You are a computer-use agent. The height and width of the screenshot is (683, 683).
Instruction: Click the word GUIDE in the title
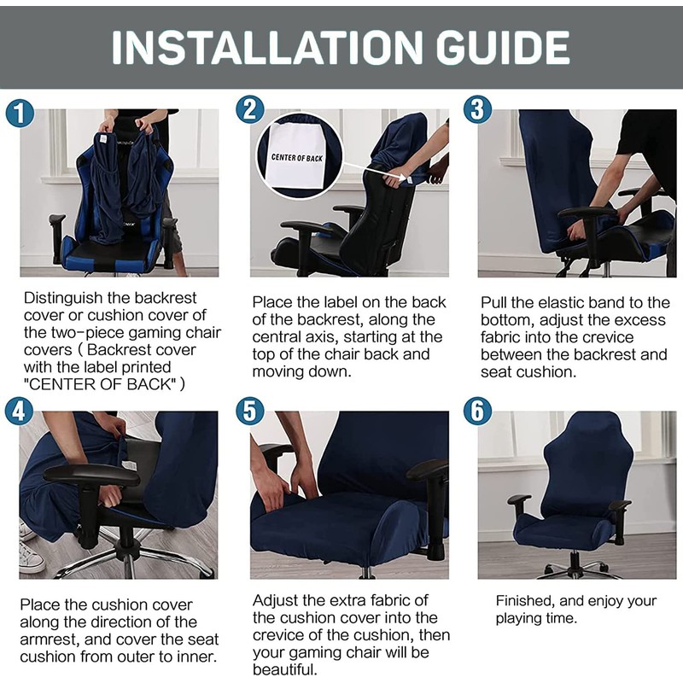[503, 47]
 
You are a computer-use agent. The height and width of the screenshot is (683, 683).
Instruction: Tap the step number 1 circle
[20, 114]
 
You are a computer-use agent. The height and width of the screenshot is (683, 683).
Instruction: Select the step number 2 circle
[249, 109]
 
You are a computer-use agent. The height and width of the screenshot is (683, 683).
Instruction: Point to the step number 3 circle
[477, 109]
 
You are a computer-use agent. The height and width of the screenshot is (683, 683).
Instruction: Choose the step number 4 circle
[19, 412]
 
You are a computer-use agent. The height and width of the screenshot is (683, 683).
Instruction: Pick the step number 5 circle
[249, 412]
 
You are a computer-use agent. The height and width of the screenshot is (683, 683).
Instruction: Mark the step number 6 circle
[477, 412]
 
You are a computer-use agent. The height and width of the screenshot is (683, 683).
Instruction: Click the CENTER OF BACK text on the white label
[296, 158]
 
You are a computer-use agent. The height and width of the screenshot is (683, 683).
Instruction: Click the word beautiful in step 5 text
[284, 669]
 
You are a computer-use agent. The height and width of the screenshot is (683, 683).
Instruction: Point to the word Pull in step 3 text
[493, 303]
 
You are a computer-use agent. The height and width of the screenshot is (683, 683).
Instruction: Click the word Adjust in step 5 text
[275, 602]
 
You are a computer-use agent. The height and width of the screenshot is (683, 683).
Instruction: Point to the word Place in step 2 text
[272, 303]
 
